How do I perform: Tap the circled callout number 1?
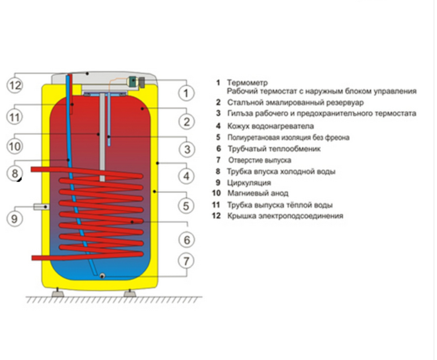coord(186,93)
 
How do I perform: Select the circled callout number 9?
coord(15,218)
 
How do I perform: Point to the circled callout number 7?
coord(186,261)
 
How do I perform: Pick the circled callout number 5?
coord(186,206)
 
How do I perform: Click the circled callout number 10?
coord(15,146)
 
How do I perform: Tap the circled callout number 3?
coord(186,149)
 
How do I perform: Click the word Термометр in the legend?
coord(247,83)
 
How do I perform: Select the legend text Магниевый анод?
coord(258,193)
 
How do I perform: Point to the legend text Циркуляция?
coord(249,183)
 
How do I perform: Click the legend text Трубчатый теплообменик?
coord(274,149)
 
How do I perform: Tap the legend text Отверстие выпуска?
coord(260,160)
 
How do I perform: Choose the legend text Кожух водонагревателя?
coord(271,126)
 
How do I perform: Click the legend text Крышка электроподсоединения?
coord(285,216)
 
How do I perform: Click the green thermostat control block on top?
coord(133,80)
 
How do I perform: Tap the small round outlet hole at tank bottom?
coord(103,276)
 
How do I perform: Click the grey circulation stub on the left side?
coord(41,207)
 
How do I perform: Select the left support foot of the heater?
coord(58,293)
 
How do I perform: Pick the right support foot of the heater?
coord(130,293)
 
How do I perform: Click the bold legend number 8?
coord(218,171)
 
